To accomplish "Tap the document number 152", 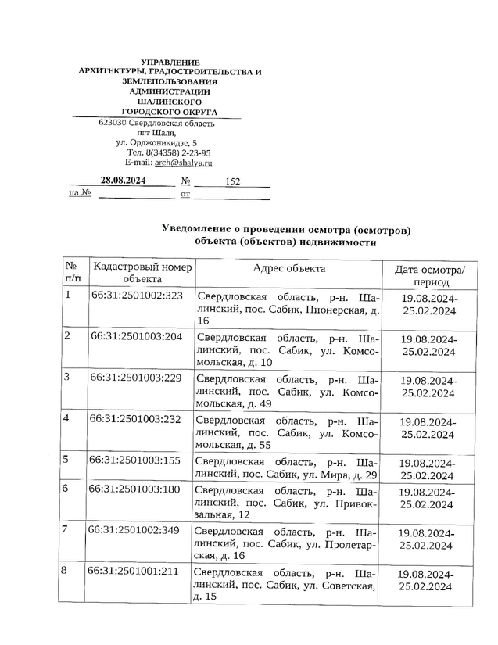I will tap(232, 181).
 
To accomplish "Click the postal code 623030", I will tap(113, 124).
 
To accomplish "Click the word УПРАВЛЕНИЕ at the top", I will tap(170, 62).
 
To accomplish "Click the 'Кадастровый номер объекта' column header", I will tap(142, 272).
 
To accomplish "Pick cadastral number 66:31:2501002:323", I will tap(137, 296).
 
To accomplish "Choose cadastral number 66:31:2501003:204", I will tap(137, 336).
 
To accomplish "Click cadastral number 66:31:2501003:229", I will tap(137, 378).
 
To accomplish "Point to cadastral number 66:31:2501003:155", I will tap(136, 460).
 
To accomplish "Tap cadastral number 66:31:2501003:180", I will tap(136, 489).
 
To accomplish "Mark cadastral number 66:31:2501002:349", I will tap(136, 530).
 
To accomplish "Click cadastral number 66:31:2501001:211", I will tap(136, 571).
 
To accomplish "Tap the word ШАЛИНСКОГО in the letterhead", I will tap(170, 102).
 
